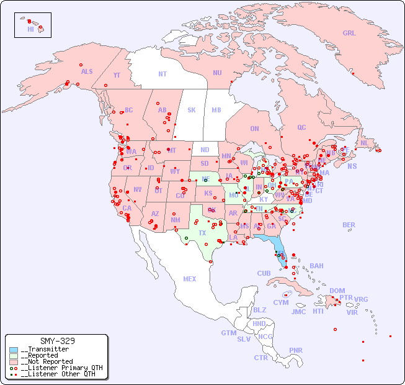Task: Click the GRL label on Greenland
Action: tap(349, 34)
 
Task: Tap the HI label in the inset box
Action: tap(30, 29)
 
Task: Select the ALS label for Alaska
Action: tap(87, 71)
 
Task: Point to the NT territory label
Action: tap(162, 74)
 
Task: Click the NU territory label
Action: tap(217, 73)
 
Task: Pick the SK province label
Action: tap(192, 110)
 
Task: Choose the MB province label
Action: tap(216, 110)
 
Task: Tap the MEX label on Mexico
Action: tap(190, 279)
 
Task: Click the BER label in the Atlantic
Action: tap(349, 225)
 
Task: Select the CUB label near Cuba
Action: tap(264, 273)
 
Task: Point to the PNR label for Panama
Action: tap(296, 350)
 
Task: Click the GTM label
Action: tap(228, 333)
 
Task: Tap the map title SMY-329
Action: tap(57, 342)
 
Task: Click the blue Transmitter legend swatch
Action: tap(14, 350)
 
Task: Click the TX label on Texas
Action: tap(202, 233)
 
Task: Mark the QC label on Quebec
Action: tap(301, 127)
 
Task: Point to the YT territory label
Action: tap(117, 75)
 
